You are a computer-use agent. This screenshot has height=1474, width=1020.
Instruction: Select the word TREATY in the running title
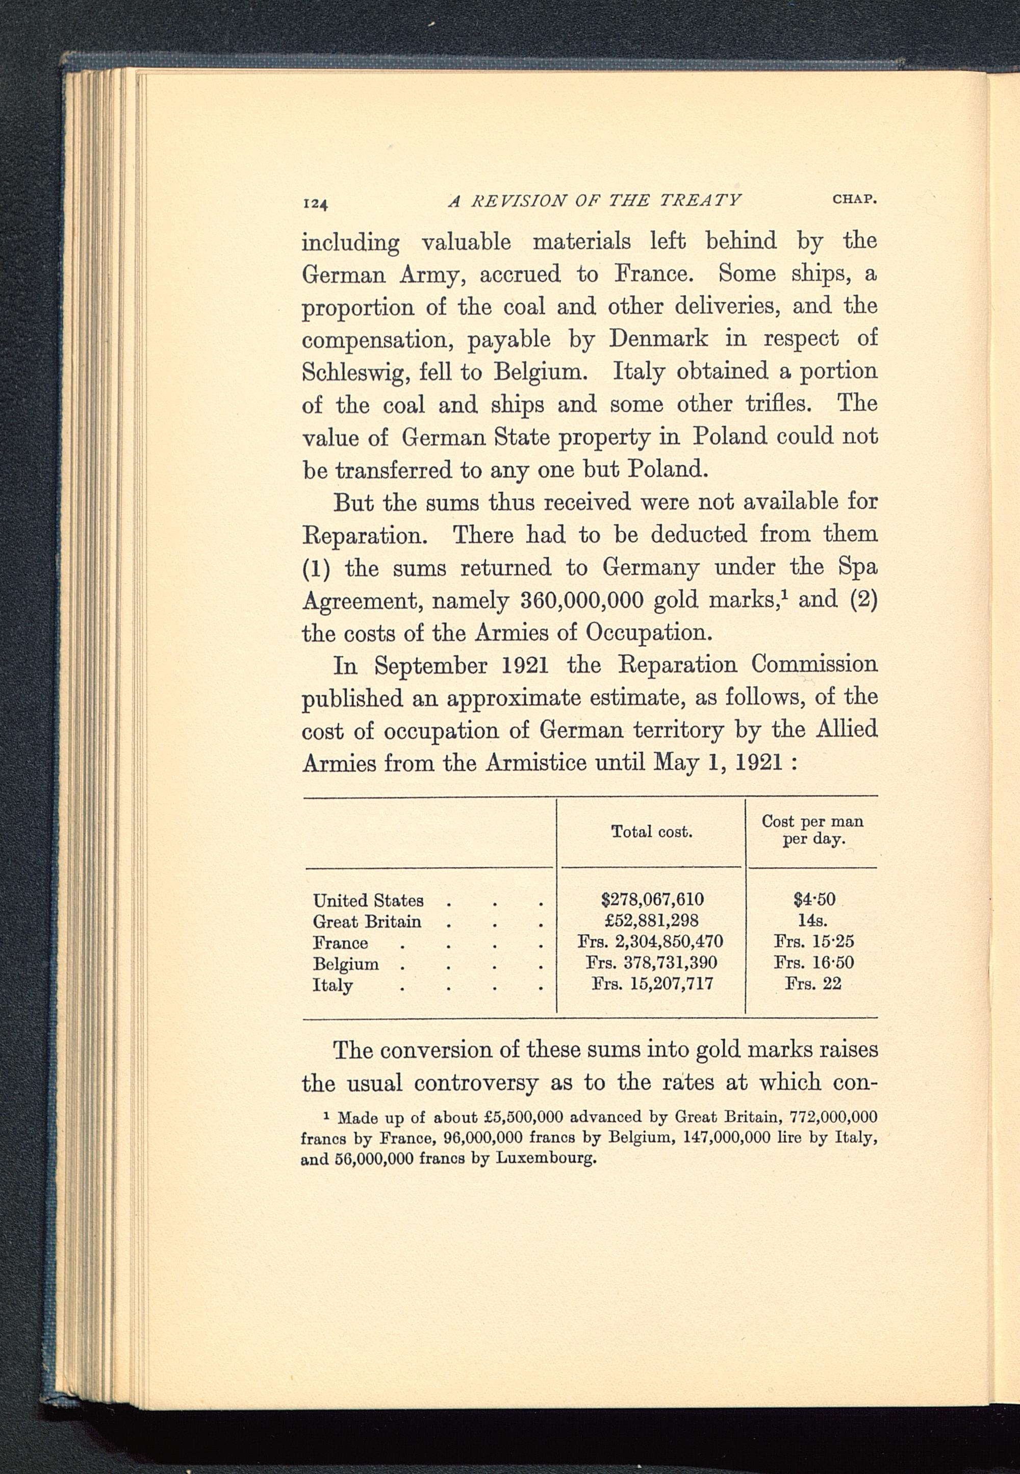(x=700, y=201)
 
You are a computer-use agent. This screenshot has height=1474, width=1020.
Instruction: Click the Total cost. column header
(x=651, y=832)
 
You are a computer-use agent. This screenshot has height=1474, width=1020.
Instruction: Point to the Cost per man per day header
(x=812, y=830)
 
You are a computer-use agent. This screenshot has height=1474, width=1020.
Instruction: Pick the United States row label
(x=368, y=901)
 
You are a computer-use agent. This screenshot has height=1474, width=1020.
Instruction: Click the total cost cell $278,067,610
(x=652, y=900)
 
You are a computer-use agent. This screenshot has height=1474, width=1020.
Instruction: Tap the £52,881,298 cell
(x=652, y=920)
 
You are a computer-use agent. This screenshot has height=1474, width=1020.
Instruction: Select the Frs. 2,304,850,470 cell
(x=650, y=941)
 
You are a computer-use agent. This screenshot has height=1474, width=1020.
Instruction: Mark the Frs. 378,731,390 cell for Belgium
(x=651, y=963)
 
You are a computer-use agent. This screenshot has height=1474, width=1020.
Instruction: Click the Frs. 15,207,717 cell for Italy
(x=652, y=984)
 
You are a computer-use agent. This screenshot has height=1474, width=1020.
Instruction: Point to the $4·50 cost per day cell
(x=814, y=900)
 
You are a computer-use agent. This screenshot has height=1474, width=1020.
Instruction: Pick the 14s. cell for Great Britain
(x=813, y=920)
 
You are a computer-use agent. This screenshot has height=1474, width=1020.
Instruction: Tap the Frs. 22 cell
(x=813, y=984)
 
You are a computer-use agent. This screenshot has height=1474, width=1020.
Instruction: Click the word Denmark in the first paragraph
(x=658, y=338)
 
